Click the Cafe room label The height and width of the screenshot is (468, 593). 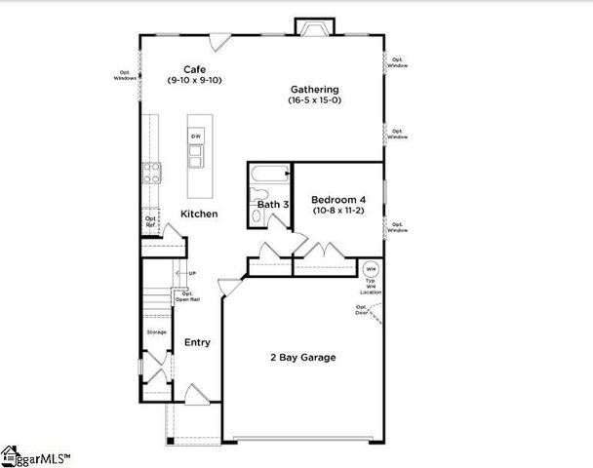point(195,69)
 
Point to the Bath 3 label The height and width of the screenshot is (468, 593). point(272,205)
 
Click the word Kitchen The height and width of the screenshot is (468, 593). point(198,214)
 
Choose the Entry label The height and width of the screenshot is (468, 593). point(198,342)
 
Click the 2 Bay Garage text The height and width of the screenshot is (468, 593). point(302,358)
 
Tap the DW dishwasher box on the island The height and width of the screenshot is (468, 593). point(196,136)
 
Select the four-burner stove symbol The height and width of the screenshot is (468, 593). point(152,173)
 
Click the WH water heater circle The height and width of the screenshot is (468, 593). point(370,269)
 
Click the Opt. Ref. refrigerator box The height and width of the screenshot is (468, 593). point(151,221)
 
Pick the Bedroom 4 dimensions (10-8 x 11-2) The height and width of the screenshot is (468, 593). point(337,211)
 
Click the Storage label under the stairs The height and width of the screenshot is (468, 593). point(156,332)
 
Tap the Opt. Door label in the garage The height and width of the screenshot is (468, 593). point(363,310)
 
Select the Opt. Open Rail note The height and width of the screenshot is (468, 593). point(187,296)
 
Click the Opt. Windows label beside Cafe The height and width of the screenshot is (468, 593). point(125,75)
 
